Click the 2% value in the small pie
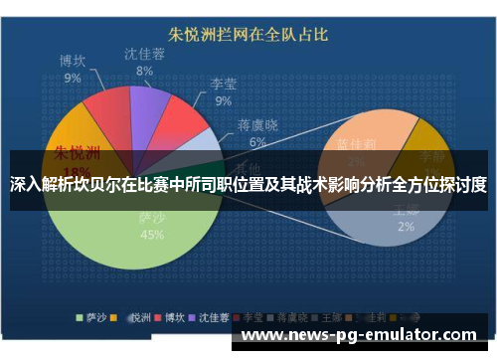pos(406,227)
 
